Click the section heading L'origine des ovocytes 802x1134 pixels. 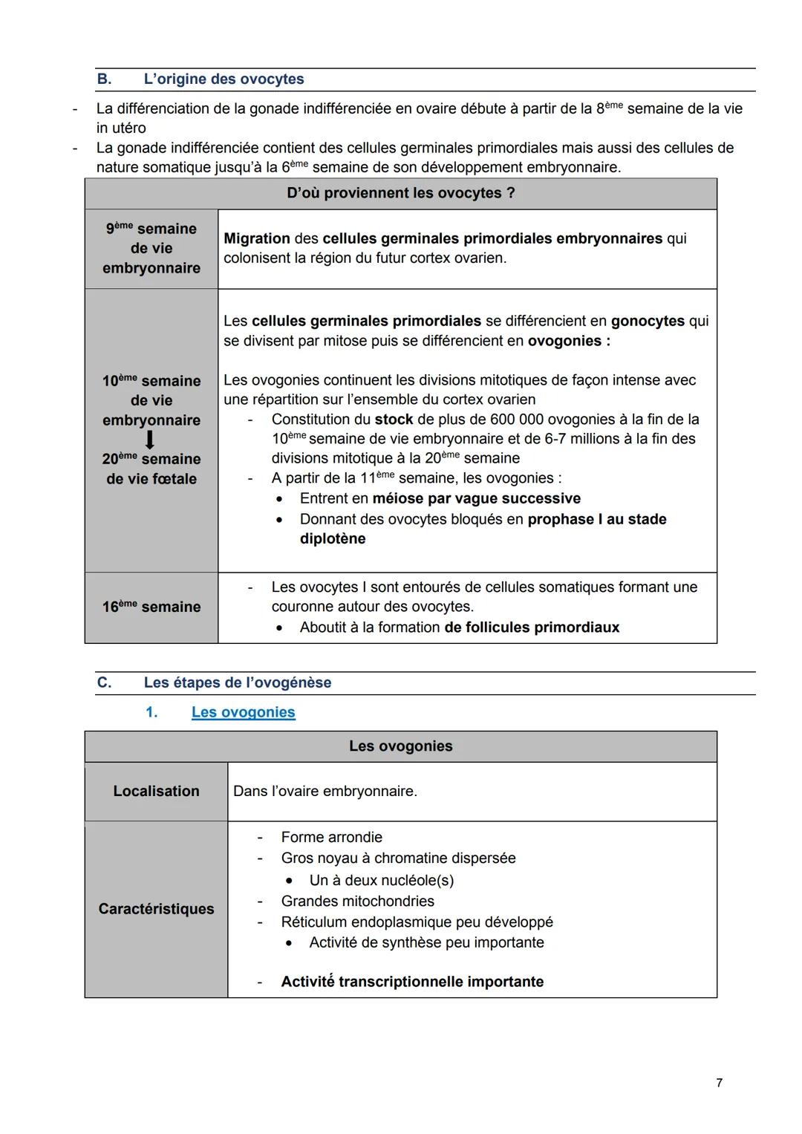coord(224,79)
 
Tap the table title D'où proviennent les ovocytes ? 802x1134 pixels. coord(400,193)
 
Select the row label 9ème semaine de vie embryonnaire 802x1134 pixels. coord(151,249)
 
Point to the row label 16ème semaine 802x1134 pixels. coord(151,607)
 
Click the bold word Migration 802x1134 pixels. coord(257,238)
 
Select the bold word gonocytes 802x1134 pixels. coord(648,321)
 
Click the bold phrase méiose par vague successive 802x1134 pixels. coord(476,498)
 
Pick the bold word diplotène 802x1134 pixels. coord(333,539)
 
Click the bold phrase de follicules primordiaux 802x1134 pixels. coord(532,628)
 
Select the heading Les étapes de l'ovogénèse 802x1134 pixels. coord(238,682)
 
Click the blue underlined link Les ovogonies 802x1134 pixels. coord(243,712)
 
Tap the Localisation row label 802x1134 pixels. coord(156,792)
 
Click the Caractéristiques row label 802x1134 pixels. coord(156,909)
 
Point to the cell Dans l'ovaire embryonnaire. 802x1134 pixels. coord(325,792)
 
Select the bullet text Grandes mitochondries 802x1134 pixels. coord(357,902)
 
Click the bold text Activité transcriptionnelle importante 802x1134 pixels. coord(412,982)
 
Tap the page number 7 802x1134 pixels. coord(719,1083)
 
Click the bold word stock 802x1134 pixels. coord(394,420)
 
